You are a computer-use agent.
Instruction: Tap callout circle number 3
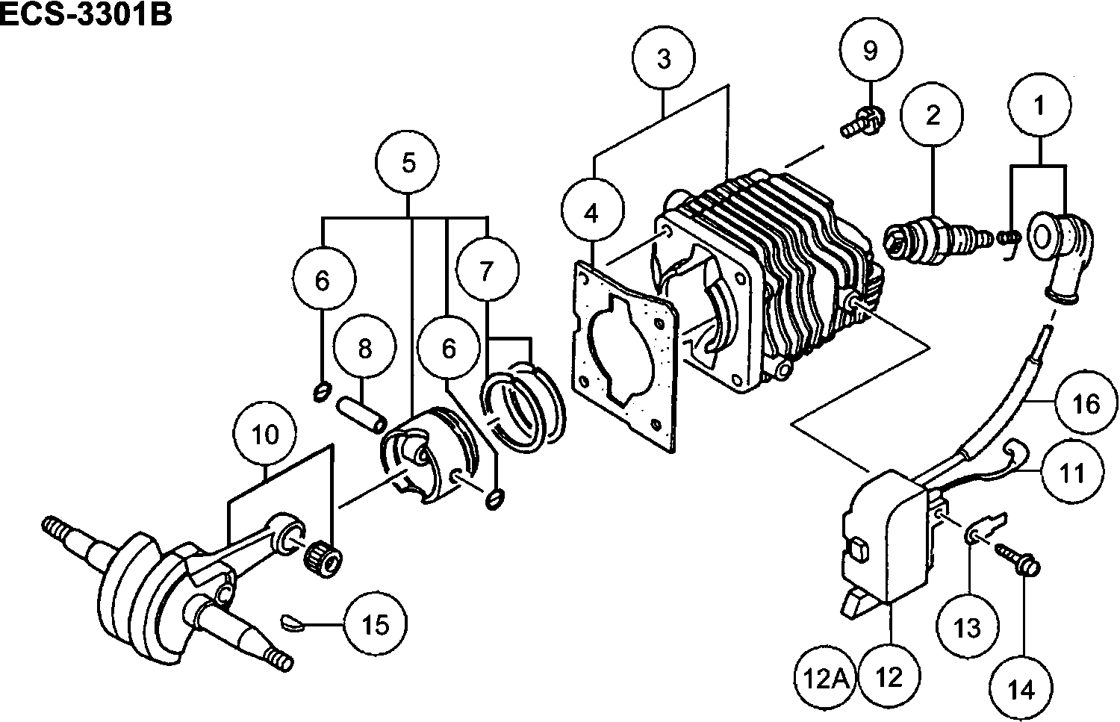(664, 58)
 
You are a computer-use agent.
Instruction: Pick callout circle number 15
(376, 624)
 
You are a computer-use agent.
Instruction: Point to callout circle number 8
(364, 349)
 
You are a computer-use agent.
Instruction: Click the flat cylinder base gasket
(627, 358)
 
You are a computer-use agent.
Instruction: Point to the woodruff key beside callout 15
(292, 622)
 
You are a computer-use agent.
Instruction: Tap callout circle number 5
(408, 163)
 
